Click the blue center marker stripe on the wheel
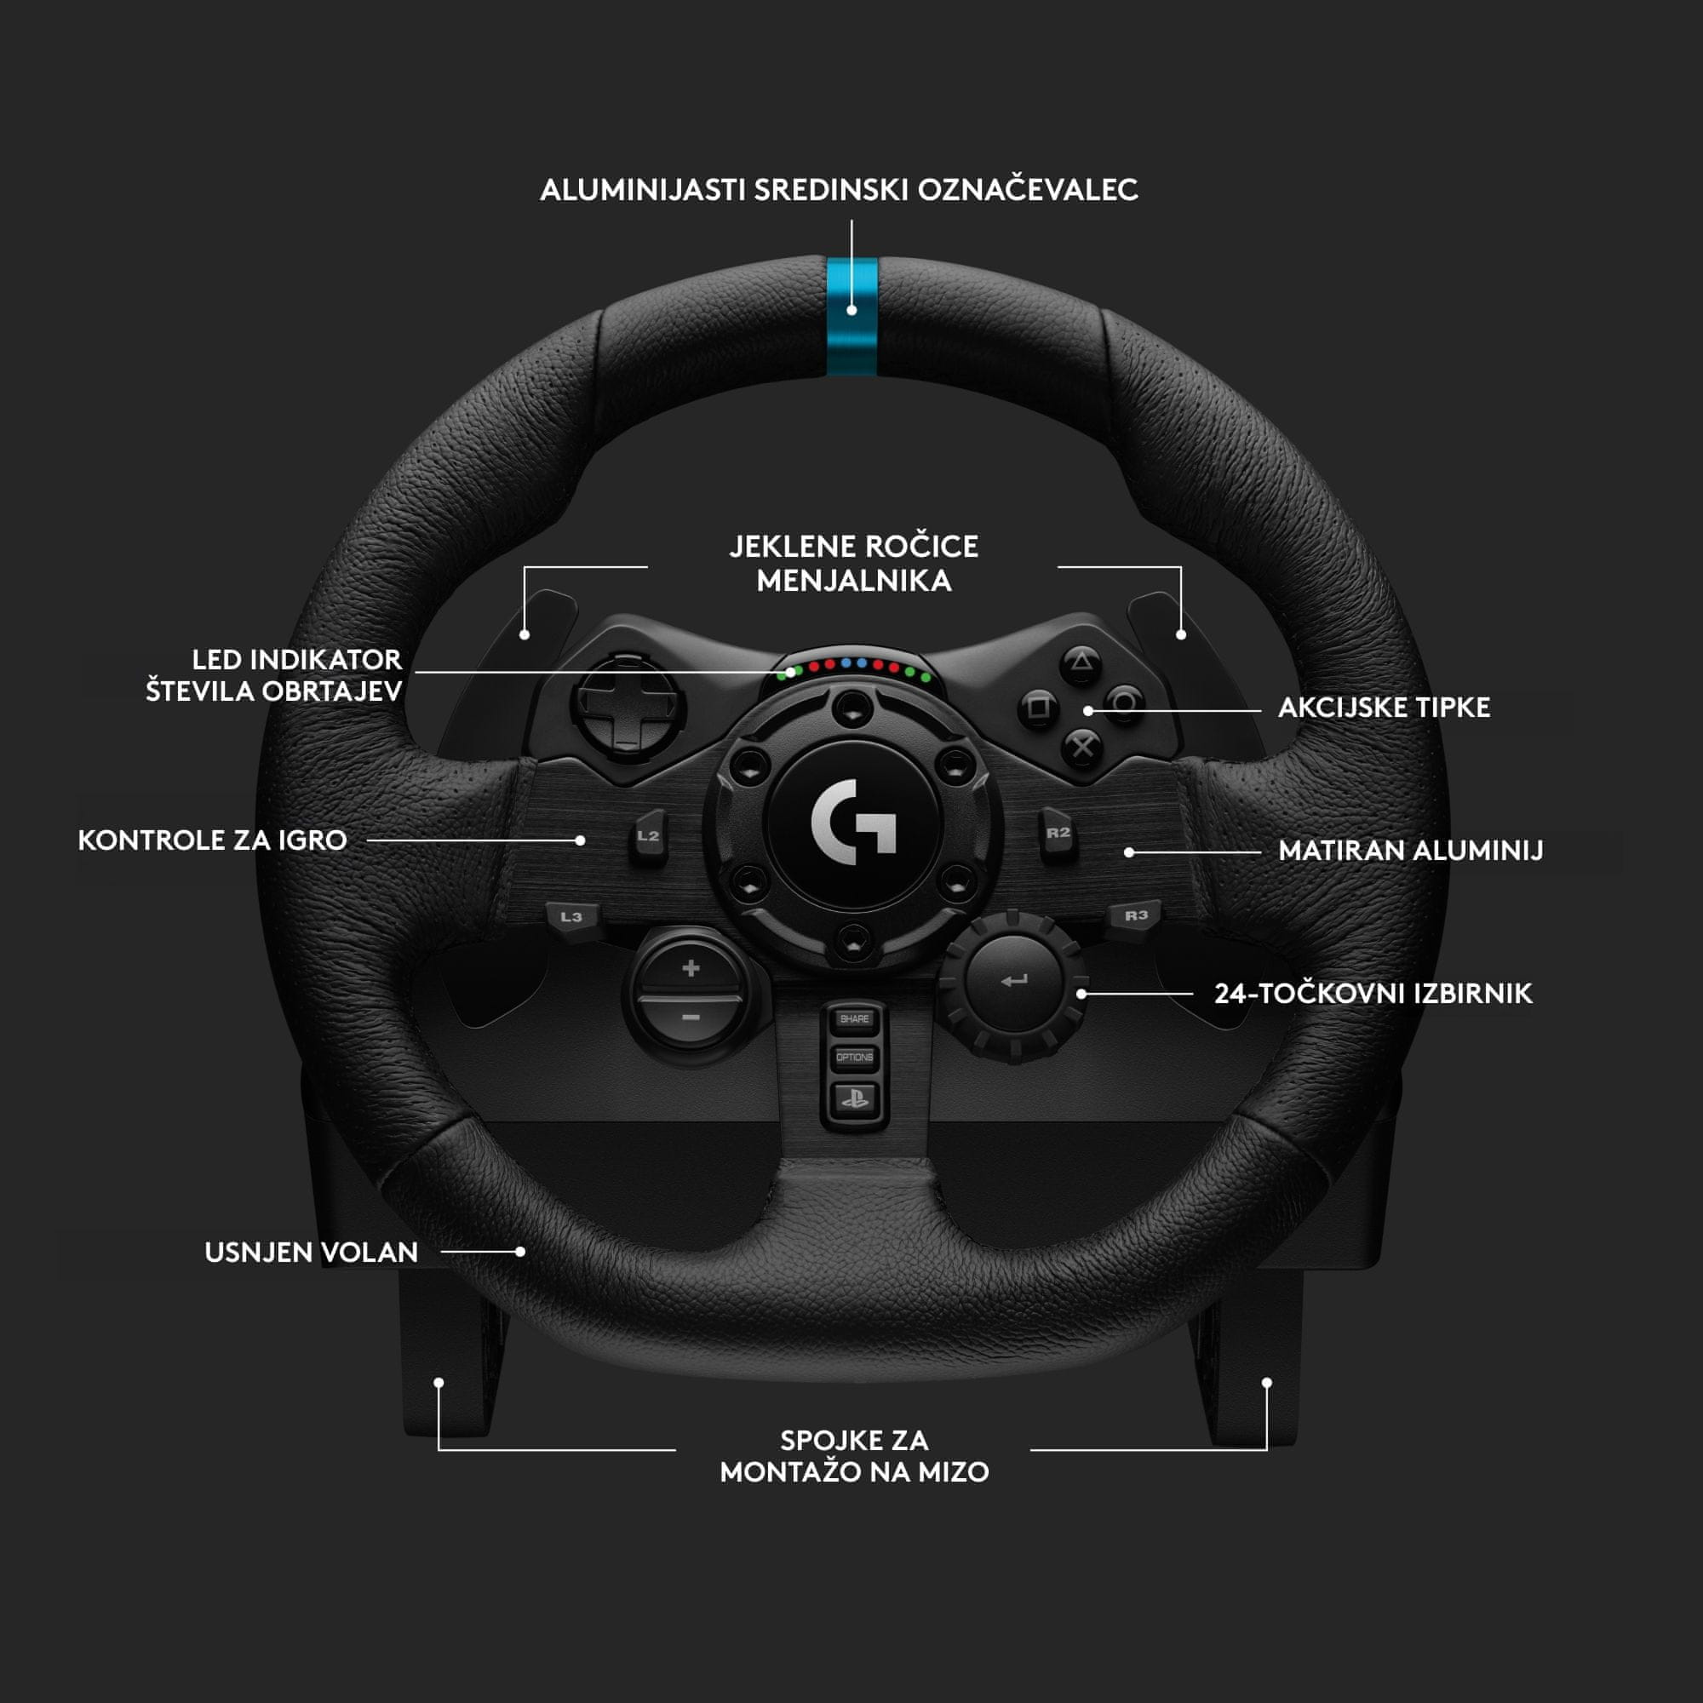[851, 318]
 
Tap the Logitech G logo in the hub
[853, 822]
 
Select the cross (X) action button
[1081, 748]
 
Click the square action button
[1039, 707]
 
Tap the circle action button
[1125, 703]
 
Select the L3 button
[571, 917]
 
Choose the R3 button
[1136, 915]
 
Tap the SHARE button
[854, 1019]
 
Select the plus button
[691, 969]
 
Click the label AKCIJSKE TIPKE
[1384, 708]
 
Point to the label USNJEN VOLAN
[311, 1253]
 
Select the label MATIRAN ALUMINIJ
[1410, 851]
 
